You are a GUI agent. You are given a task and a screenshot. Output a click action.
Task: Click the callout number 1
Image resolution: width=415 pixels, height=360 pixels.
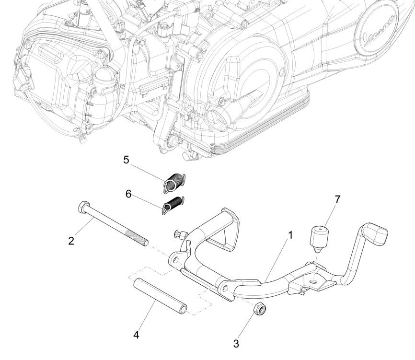pos(290,236)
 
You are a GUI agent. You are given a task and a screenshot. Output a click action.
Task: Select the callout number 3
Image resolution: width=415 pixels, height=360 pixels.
pos(235,343)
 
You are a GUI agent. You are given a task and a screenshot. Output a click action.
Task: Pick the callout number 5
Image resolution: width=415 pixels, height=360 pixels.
pos(127,160)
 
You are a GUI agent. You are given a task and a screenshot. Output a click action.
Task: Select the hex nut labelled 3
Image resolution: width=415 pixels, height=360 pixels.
pos(259,310)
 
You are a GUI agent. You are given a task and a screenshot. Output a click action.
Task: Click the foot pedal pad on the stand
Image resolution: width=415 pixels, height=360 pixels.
pos(377,234)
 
